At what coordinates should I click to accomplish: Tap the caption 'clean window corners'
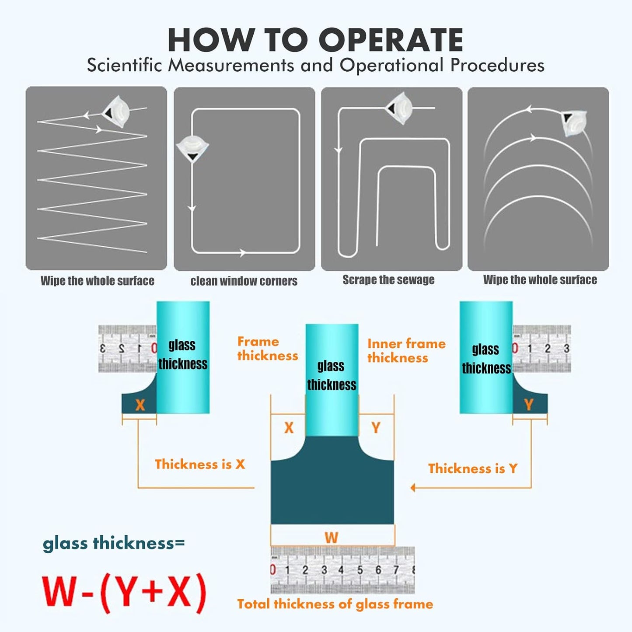244,281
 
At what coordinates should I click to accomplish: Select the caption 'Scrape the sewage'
388,280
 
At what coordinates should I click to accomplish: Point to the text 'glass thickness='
114,543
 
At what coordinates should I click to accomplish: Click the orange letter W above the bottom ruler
331,537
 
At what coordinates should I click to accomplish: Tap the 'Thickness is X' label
200,464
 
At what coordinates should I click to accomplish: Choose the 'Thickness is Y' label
472,468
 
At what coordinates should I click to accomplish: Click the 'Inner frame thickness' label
406,351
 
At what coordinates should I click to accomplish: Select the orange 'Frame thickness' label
267,349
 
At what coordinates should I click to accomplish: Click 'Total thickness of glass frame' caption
335,604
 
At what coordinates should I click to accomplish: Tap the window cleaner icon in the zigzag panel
115,113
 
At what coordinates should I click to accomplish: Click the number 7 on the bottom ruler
396,569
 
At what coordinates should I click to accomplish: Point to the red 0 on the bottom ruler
273,570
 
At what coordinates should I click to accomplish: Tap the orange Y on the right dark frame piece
528,405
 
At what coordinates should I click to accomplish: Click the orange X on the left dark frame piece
140,405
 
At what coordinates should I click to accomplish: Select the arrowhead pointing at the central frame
412,487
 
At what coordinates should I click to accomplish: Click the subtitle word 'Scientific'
124,66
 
